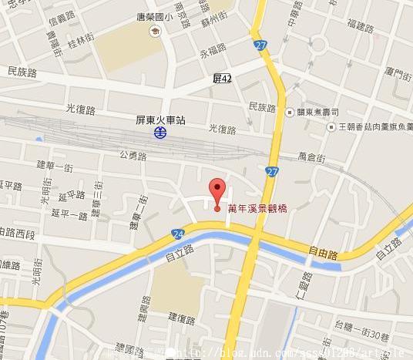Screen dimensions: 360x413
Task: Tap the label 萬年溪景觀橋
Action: point(258,208)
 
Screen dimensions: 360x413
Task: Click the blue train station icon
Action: point(159,133)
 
